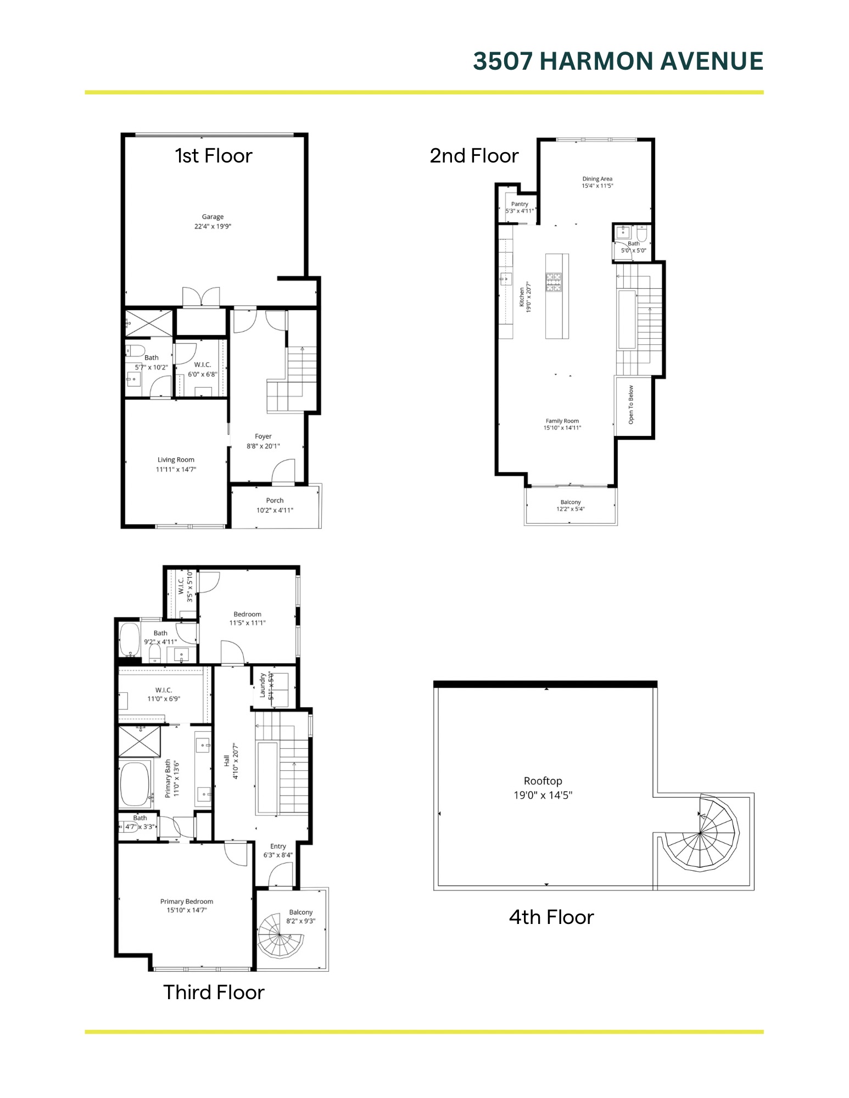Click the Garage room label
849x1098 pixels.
pyautogui.click(x=213, y=217)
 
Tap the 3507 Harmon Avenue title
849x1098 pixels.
pyautogui.click(x=618, y=61)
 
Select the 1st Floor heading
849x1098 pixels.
pyautogui.click(x=213, y=156)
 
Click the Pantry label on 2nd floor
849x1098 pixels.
pyautogui.click(x=520, y=204)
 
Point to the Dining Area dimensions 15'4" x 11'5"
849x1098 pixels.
pyautogui.click(x=597, y=186)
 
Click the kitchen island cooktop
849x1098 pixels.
pyautogui.click(x=554, y=282)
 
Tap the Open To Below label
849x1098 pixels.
pyautogui.click(x=631, y=405)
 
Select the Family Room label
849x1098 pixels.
pyautogui.click(x=562, y=421)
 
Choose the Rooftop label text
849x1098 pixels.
pyautogui.click(x=543, y=781)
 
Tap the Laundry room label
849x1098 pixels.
pyautogui.click(x=263, y=685)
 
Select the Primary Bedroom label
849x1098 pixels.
pyautogui.click(x=187, y=901)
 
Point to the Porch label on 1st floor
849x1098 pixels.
pyautogui.click(x=275, y=501)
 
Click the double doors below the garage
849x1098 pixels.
pyautogui.click(x=201, y=297)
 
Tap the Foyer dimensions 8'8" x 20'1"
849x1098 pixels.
pyautogui.click(x=263, y=446)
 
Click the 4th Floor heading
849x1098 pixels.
pyautogui.click(x=551, y=917)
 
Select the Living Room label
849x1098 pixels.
pyautogui.click(x=176, y=460)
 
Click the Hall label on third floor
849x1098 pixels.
pyautogui.click(x=226, y=761)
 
